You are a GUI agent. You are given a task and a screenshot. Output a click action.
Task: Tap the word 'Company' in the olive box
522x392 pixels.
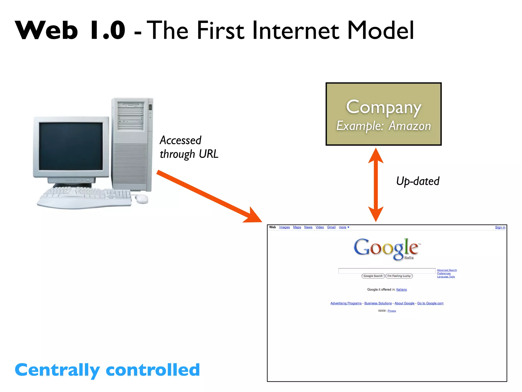[383, 107]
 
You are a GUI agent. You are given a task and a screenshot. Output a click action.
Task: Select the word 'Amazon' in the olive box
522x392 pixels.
[410, 126]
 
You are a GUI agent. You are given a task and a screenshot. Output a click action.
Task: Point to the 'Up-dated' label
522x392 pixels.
[417, 181]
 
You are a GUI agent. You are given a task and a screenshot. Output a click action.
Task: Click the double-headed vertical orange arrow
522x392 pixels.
[376, 185]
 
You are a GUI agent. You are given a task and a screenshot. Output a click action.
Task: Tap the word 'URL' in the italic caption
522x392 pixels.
[208, 154]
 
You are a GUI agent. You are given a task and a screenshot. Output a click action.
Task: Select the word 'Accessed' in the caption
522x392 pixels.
[180, 140]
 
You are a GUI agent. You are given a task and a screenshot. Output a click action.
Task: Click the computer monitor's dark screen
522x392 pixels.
[71, 146]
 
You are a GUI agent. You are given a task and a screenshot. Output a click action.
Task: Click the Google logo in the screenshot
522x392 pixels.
[386, 248]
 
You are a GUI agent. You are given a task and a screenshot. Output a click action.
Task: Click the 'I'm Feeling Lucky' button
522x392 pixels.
[399, 276]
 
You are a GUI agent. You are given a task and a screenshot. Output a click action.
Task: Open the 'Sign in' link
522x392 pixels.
[500, 227]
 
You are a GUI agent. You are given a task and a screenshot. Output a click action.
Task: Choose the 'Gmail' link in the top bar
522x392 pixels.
[331, 227]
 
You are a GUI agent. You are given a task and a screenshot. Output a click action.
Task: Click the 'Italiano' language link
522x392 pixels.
[401, 289]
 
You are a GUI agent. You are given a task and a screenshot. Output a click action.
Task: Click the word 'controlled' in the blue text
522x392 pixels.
[153, 370]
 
